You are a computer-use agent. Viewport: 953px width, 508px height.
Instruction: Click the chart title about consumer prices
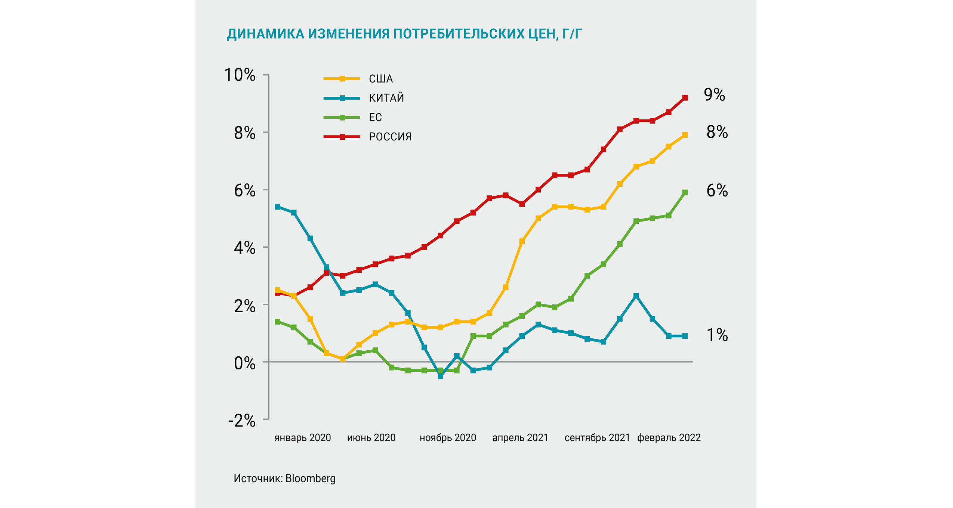404,34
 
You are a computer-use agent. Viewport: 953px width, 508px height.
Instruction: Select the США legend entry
380,79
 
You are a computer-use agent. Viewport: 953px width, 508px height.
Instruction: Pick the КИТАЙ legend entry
386,98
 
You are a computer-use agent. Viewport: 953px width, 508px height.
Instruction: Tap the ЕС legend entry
375,117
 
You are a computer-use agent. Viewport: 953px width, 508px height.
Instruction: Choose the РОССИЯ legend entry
390,137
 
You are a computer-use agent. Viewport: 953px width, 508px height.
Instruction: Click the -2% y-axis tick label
242,421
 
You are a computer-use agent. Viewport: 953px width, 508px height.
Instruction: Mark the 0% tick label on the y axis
244,363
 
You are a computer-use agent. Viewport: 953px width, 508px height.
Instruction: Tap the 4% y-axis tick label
244,248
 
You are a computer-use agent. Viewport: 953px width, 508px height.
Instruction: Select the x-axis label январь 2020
302,438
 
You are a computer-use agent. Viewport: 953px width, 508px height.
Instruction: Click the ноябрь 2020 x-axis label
448,438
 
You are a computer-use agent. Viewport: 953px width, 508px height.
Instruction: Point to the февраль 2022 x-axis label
669,438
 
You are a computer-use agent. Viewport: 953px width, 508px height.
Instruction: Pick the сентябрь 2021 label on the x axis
597,438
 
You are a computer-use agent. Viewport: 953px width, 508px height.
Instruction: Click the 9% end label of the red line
714,95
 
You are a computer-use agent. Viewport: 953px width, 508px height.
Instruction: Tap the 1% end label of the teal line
717,335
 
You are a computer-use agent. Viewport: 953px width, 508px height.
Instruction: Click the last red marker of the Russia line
685,98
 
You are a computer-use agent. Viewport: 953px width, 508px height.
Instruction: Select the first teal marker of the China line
278,207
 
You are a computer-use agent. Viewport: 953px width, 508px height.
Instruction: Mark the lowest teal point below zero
441,376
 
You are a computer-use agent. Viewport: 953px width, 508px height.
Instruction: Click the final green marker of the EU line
685,193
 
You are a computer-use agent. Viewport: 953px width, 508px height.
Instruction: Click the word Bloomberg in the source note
310,478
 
